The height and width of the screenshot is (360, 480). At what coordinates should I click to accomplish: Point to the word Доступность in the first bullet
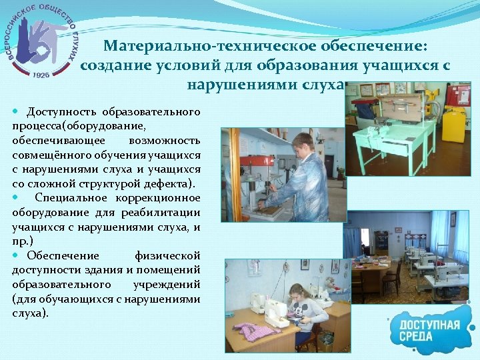[63, 110]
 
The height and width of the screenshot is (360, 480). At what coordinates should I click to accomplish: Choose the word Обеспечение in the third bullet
[63, 256]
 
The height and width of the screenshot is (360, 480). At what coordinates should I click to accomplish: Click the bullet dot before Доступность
[15, 110]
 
